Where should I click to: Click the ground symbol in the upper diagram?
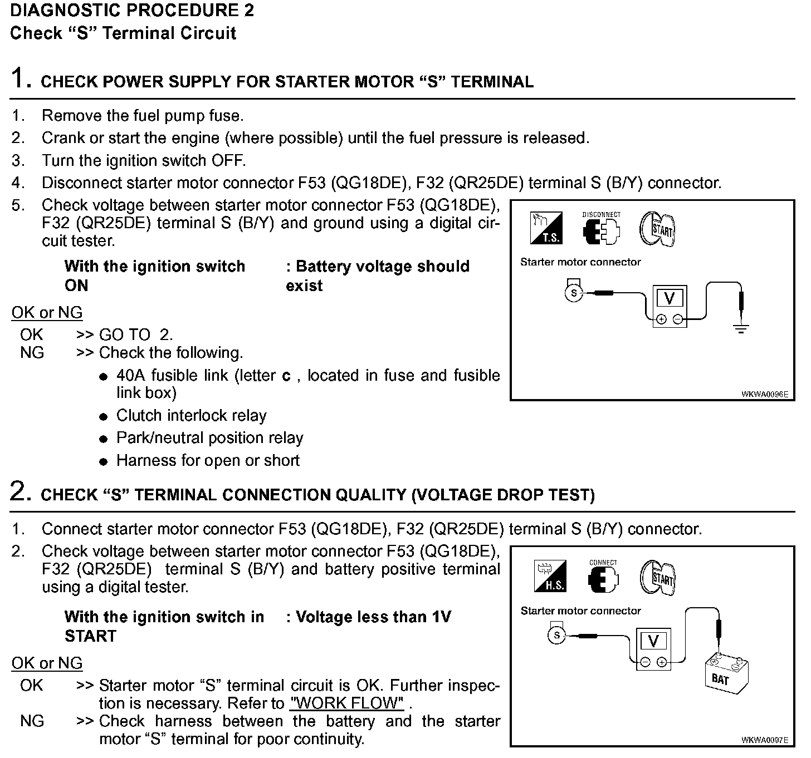[x=741, y=328]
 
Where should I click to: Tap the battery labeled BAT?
[x=726, y=674]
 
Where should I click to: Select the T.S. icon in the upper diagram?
[x=546, y=228]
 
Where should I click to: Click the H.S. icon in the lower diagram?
[x=550, y=577]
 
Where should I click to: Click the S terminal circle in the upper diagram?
[x=573, y=293]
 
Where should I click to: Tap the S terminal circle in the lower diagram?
[x=556, y=636]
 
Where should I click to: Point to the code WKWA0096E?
[x=764, y=394]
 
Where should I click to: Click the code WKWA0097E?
[x=764, y=740]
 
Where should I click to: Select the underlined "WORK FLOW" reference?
[x=347, y=703]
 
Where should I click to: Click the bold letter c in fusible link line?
[x=286, y=376]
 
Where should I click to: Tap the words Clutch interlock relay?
[x=191, y=416]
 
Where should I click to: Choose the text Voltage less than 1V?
[x=373, y=617]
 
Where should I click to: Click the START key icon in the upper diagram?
[x=657, y=228]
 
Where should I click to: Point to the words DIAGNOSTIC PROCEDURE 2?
[x=133, y=11]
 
